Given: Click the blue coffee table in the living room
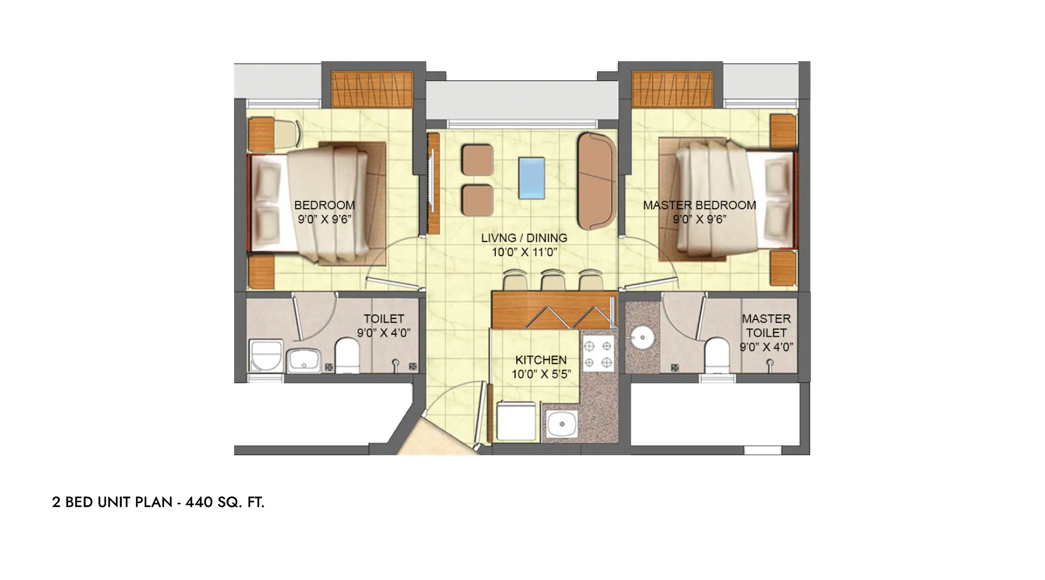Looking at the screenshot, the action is point(532,178).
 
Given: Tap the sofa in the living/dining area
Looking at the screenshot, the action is point(597,181).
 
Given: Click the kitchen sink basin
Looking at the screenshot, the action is point(562,424).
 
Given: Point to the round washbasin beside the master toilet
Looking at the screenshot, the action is point(639,338).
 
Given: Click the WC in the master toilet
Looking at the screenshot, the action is point(716,355).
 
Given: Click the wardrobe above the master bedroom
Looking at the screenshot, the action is point(672,88).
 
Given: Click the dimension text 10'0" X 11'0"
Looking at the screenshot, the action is point(525,253).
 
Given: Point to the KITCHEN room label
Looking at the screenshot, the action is point(541,360).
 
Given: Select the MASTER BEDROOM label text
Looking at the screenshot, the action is point(700,205).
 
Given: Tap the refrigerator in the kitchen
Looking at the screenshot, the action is point(516,421).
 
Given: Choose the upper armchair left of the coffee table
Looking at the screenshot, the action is point(478,160).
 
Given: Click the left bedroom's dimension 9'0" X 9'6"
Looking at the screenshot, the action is point(324,219).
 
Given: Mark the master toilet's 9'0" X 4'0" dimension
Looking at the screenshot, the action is point(767,347).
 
